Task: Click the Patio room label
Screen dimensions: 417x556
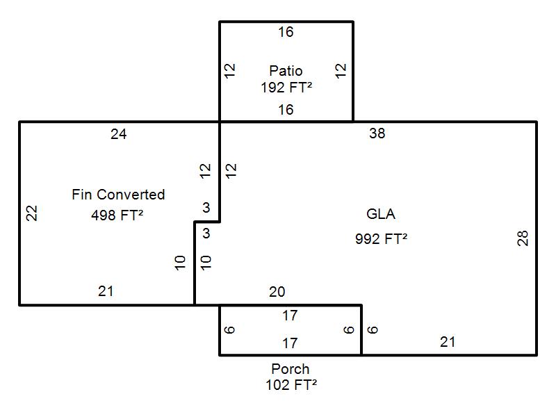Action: pyautogui.click(x=286, y=71)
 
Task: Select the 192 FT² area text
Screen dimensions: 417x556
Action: pyautogui.click(x=286, y=88)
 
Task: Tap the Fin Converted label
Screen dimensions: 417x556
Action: pyautogui.click(x=118, y=195)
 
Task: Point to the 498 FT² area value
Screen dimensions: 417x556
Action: pyautogui.click(x=117, y=215)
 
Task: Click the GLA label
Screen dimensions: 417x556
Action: pyautogui.click(x=381, y=214)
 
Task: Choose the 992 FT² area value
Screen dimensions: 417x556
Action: pyautogui.click(x=381, y=239)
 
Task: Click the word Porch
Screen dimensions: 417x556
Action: pyautogui.click(x=290, y=369)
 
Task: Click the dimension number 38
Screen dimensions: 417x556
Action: pyautogui.click(x=377, y=133)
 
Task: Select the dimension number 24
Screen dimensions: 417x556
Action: pyautogui.click(x=118, y=134)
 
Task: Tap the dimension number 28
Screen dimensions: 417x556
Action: pyautogui.click(x=523, y=238)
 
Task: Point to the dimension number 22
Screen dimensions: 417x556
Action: pyautogui.click(x=31, y=213)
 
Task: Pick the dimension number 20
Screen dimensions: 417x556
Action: pyautogui.click(x=277, y=292)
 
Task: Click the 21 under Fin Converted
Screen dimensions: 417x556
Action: pyautogui.click(x=105, y=291)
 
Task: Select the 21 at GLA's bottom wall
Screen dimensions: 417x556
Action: pyautogui.click(x=448, y=341)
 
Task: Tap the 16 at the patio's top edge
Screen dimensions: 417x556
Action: pyautogui.click(x=286, y=32)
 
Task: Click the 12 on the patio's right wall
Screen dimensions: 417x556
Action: pyautogui.click(x=341, y=70)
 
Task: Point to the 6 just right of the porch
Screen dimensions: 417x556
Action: pyautogui.click(x=373, y=329)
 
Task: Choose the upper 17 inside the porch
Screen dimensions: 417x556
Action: pyautogui.click(x=290, y=316)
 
